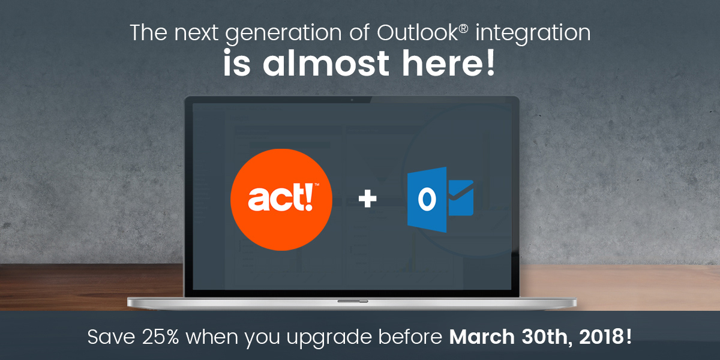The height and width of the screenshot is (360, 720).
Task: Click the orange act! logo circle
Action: coord(281,200)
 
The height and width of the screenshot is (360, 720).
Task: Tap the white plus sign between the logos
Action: coord(367,199)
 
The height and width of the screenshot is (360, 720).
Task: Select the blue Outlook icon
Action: coord(440,200)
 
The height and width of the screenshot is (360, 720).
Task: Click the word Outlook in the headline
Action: coord(418,32)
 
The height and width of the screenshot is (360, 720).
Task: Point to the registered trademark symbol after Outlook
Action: coord(463,28)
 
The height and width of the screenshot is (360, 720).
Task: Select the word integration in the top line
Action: coord(533,34)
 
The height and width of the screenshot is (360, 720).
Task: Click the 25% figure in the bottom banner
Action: coord(160,337)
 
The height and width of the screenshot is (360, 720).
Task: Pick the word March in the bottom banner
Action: coord(482,337)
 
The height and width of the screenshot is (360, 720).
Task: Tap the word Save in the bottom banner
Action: coord(111,337)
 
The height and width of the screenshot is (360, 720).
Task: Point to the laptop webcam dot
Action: coord(352,100)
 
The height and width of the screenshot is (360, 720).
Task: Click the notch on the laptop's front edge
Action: coord(353,301)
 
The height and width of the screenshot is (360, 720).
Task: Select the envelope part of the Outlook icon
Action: coord(461,197)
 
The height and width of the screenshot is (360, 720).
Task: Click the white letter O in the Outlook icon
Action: coord(427,200)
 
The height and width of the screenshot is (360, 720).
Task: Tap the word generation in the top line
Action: coord(283,34)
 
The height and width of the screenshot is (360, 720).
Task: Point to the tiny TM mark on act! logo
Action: coord(317,185)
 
